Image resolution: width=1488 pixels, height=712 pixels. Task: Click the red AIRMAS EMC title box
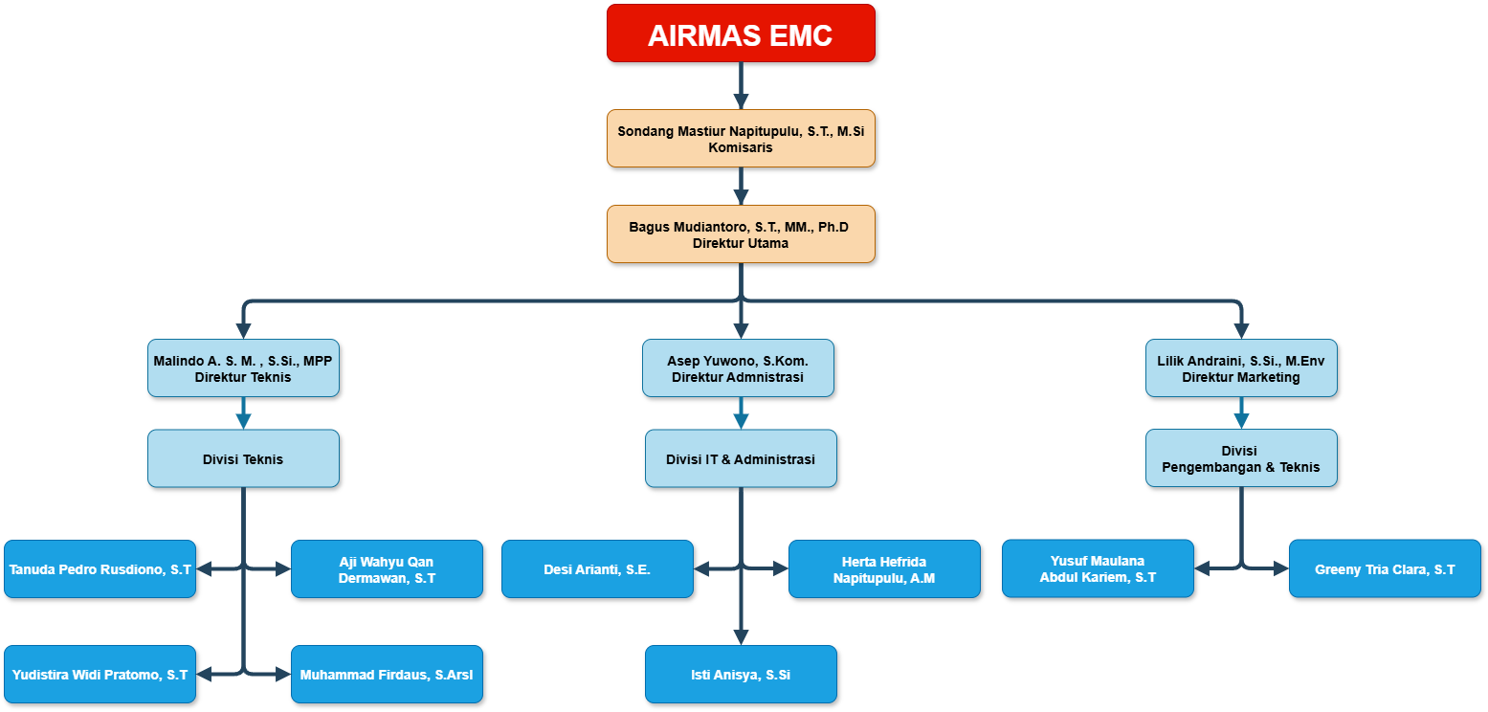(741, 33)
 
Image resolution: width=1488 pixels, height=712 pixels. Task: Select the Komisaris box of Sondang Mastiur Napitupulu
(741, 139)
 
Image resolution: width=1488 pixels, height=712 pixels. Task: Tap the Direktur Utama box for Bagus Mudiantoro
(741, 234)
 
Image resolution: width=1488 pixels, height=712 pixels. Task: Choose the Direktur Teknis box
(243, 368)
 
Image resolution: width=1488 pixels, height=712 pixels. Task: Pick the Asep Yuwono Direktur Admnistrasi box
(738, 368)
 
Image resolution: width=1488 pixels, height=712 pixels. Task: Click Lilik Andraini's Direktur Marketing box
(1241, 368)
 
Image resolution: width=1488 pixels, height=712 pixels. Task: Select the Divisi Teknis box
(243, 458)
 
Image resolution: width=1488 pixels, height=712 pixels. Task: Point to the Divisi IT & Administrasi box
(741, 458)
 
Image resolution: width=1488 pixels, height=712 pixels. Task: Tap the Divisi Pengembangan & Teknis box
(1241, 458)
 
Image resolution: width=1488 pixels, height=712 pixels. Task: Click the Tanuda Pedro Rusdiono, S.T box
(100, 569)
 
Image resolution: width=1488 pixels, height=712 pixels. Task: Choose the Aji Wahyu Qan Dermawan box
(387, 569)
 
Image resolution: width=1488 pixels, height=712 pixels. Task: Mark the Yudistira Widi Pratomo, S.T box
(100, 675)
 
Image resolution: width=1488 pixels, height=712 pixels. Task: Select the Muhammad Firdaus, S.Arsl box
(387, 675)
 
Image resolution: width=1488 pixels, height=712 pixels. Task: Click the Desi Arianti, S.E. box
(597, 569)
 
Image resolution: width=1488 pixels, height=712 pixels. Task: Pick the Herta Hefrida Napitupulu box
(884, 569)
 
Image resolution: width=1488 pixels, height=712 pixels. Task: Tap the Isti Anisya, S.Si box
(741, 675)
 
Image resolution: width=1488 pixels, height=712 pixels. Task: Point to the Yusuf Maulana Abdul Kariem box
(1098, 568)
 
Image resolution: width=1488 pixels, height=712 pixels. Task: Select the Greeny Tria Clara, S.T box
(1385, 568)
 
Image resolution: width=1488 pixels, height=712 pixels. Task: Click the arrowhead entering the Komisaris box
(741, 101)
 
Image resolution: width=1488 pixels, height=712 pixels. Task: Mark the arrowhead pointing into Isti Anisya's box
(741, 637)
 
